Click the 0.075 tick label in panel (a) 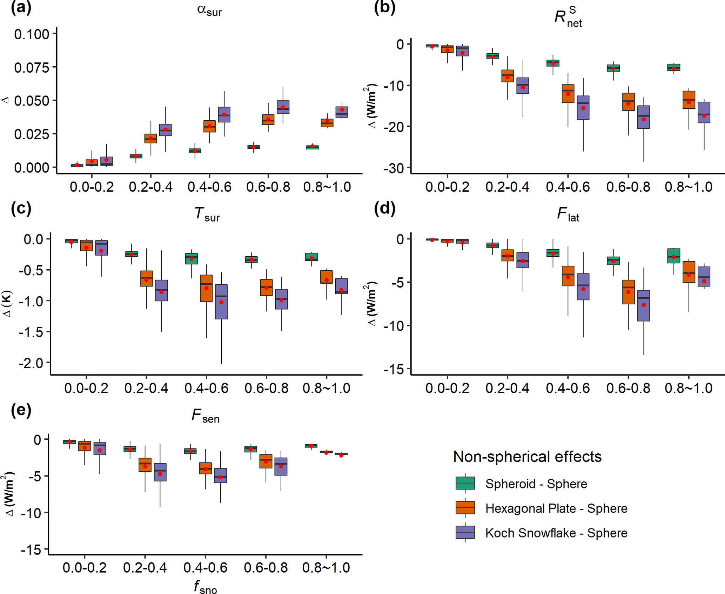[x=32, y=67]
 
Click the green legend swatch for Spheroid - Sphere [x=465, y=483]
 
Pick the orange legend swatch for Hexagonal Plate [x=465, y=508]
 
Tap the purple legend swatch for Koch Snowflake [x=465, y=532]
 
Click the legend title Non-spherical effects [x=527, y=457]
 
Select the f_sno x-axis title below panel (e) [x=205, y=586]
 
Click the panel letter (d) [x=385, y=208]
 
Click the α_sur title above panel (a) [x=209, y=11]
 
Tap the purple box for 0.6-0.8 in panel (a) [x=283, y=107]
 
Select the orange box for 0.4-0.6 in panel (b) [x=568, y=94]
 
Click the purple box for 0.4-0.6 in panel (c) [x=221, y=302]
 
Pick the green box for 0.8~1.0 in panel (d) [x=674, y=256]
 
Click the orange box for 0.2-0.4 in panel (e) [x=145, y=465]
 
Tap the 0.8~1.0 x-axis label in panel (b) [x=689, y=187]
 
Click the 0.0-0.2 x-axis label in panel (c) [x=86, y=388]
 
